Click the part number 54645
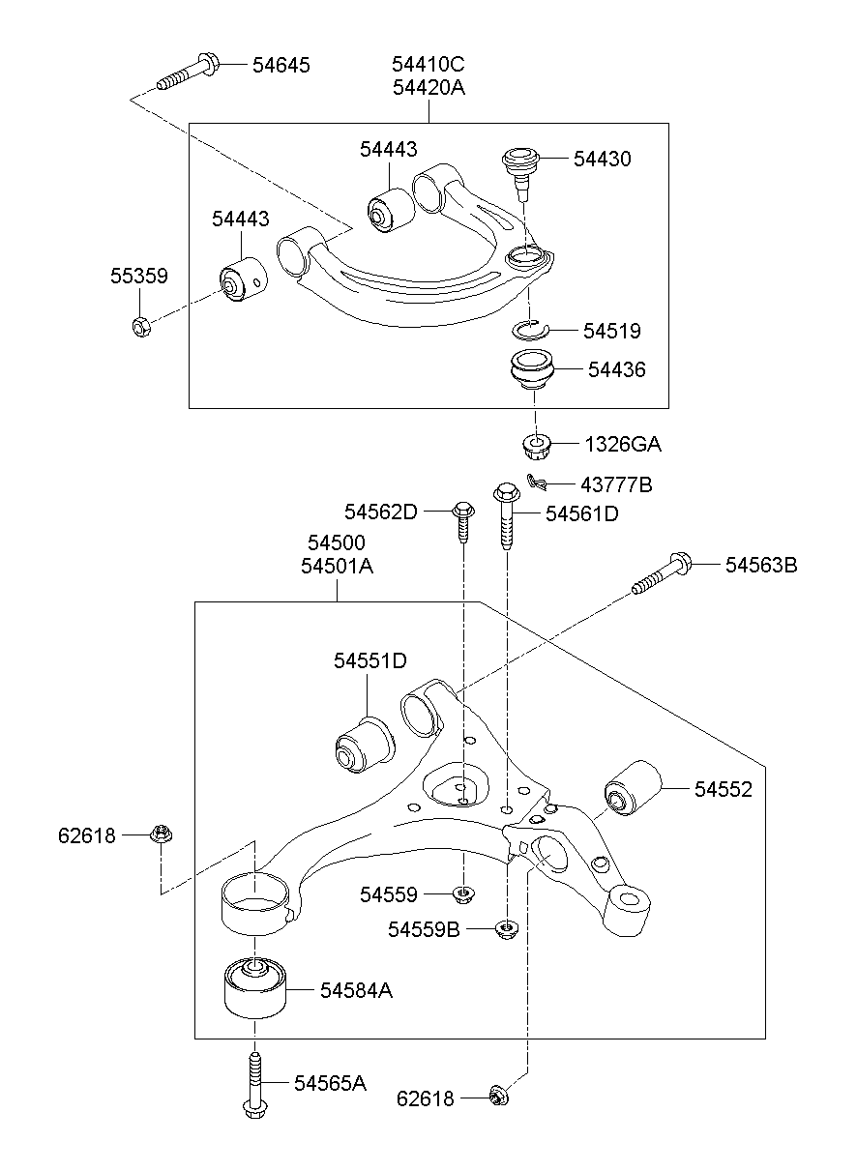click(x=281, y=65)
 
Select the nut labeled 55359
click(x=139, y=327)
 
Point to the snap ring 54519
click(x=530, y=330)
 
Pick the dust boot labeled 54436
click(x=532, y=374)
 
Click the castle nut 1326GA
click(x=535, y=446)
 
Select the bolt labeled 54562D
click(x=463, y=520)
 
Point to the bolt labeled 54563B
click(x=663, y=572)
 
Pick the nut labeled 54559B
click(x=505, y=929)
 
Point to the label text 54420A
click(x=428, y=88)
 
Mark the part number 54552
click(x=723, y=789)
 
